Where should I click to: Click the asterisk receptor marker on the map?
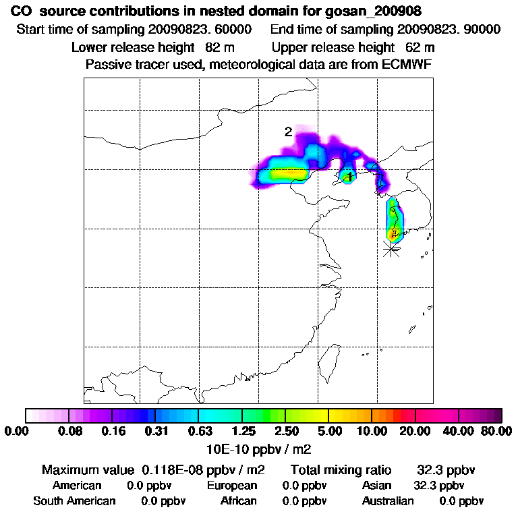coord(391,250)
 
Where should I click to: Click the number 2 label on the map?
coord(288,132)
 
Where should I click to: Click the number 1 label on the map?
coord(349,177)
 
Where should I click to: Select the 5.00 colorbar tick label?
coord(328,431)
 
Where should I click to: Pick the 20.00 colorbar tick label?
coord(415,431)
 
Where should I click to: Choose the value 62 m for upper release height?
coord(420,48)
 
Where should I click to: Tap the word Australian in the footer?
coord(388,501)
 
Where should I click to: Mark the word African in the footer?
coord(239,501)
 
